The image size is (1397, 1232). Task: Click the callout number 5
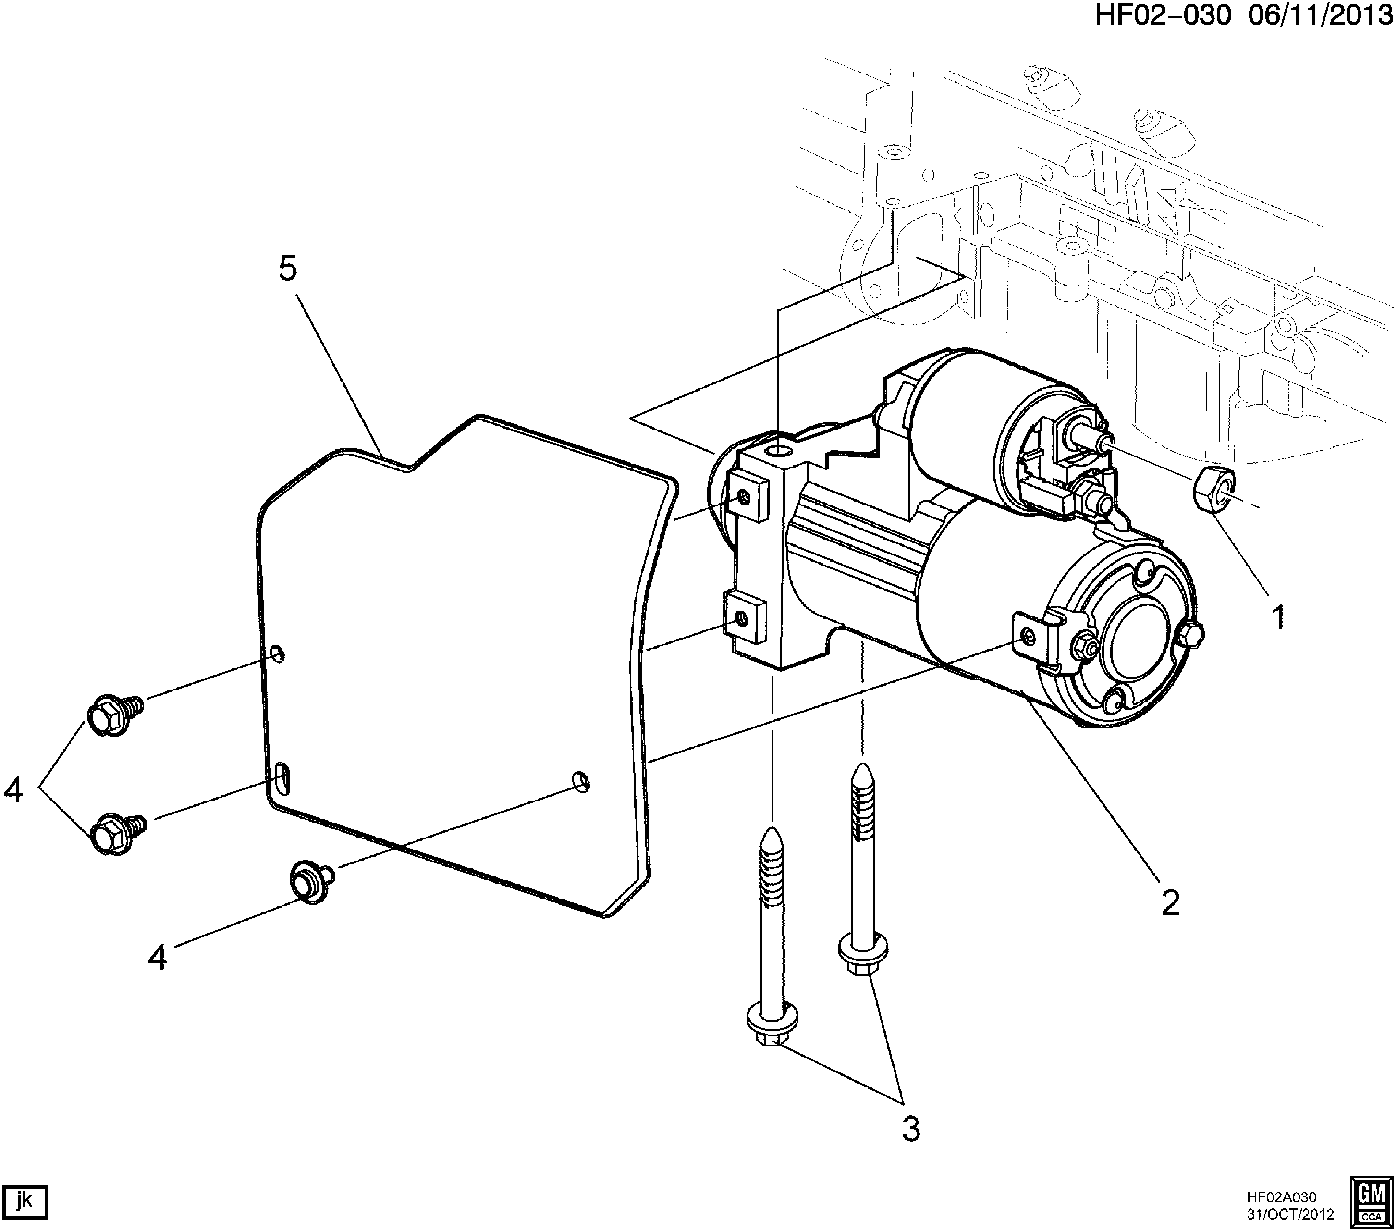point(288,270)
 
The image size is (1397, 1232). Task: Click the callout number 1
point(1277,617)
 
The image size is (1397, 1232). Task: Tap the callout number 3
point(911,1130)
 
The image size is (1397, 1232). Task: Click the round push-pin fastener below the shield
point(312,881)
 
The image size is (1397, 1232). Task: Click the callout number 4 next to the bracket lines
point(13,791)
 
